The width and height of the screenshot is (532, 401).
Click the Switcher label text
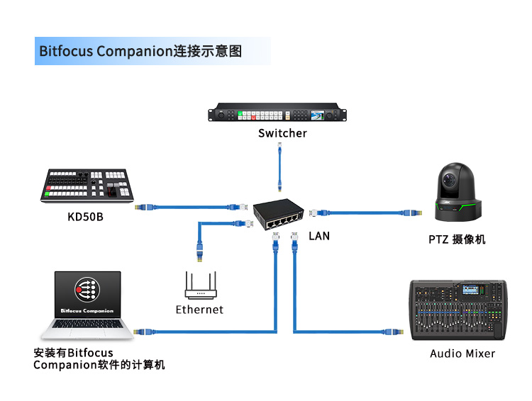click(x=282, y=133)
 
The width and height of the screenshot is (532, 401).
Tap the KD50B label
click(x=85, y=216)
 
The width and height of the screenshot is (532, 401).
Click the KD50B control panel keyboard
click(x=88, y=186)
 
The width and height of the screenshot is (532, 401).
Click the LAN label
click(x=319, y=235)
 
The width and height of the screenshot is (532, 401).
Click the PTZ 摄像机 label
click(x=457, y=239)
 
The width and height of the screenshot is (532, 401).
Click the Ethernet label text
click(x=199, y=310)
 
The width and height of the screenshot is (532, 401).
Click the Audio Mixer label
click(x=462, y=353)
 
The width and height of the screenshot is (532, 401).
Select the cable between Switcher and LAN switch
click(x=282, y=170)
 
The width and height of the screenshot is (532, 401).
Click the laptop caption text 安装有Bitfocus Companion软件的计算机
click(x=99, y=358)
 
